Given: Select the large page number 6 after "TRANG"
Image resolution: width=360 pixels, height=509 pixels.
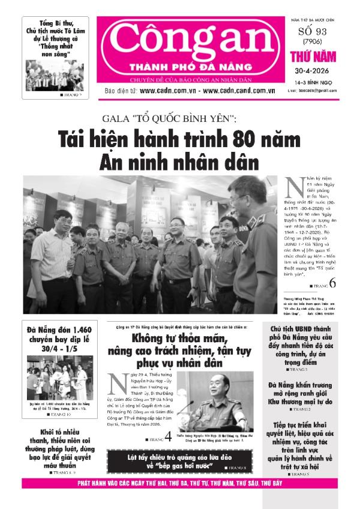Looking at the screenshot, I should pos(332,283).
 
